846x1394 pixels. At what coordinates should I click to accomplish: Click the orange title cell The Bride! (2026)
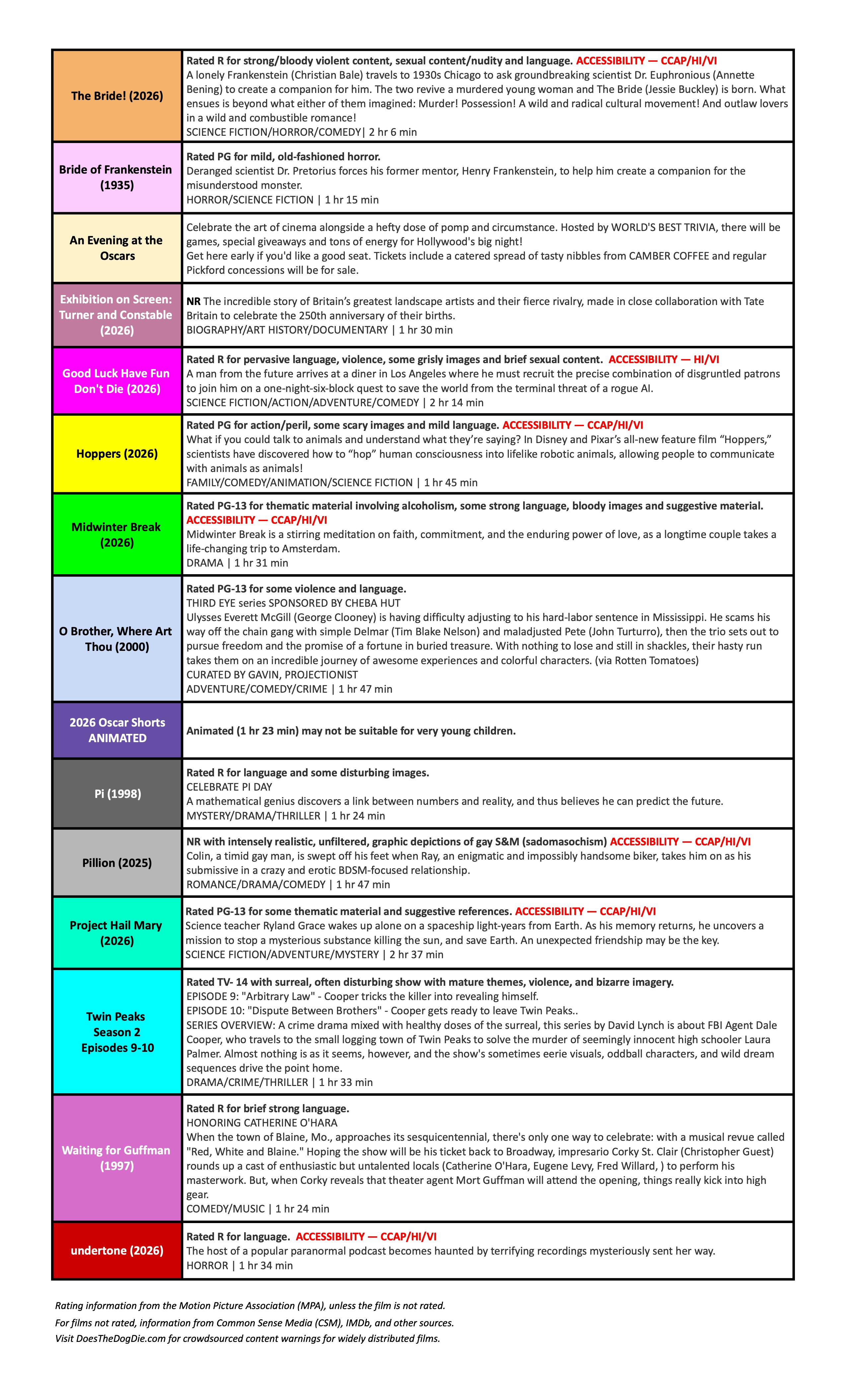[117, 96]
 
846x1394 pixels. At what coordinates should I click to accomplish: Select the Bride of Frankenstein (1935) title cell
[117, 177]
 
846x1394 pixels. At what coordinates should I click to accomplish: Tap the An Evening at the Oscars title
[117, 248]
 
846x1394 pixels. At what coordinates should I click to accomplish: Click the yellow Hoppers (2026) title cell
[117, 454]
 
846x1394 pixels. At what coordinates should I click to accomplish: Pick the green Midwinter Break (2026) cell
[117, 535]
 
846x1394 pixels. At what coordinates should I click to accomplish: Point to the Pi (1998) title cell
[117, 794]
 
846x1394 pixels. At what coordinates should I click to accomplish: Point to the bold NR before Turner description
[193, 302]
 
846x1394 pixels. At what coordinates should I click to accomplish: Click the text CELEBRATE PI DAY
[229, 787]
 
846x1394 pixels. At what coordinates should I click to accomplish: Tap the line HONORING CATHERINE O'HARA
[262, 1123]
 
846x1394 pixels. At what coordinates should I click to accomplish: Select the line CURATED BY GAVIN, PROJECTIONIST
[272, 674]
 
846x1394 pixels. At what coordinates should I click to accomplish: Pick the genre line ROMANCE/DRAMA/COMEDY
[255, 884]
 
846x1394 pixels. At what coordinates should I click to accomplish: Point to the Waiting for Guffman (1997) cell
[117, 1158]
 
